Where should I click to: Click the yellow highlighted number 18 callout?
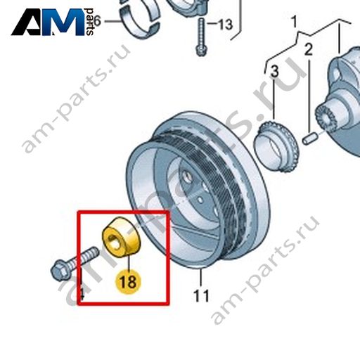click(x=128, y=281)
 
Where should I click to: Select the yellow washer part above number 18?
click(x=121, y=237)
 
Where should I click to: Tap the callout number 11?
click(x=201, y=296)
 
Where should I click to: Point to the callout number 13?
click(x=225, y=25)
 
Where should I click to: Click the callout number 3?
click(x=274, y=71)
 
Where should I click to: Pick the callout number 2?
click(x=309, y=49)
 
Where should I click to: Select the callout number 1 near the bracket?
click(x=295, y=22)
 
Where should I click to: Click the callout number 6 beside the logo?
click(x=97, y=21)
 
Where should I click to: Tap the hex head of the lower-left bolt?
click(x=60, y=271)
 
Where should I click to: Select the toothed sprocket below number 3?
click(x=276, y=147)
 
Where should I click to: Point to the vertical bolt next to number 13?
click(x=200, y=37)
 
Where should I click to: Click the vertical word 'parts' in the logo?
click(x=89, y=22)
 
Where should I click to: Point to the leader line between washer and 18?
click(x=129, y=263)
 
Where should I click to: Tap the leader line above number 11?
click(x=201, y=278)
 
